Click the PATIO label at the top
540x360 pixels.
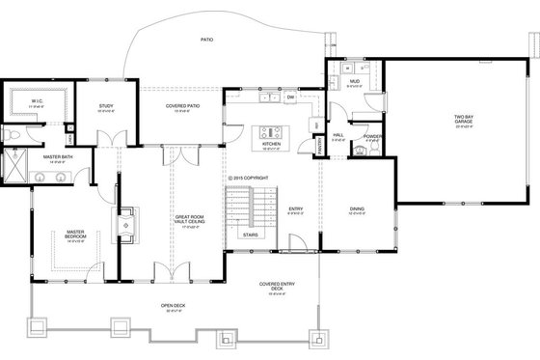205,41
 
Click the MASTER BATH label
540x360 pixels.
58,156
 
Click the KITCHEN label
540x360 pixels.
271,144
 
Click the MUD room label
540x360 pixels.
354,82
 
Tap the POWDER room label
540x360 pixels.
374,136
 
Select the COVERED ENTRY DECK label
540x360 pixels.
277,287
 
